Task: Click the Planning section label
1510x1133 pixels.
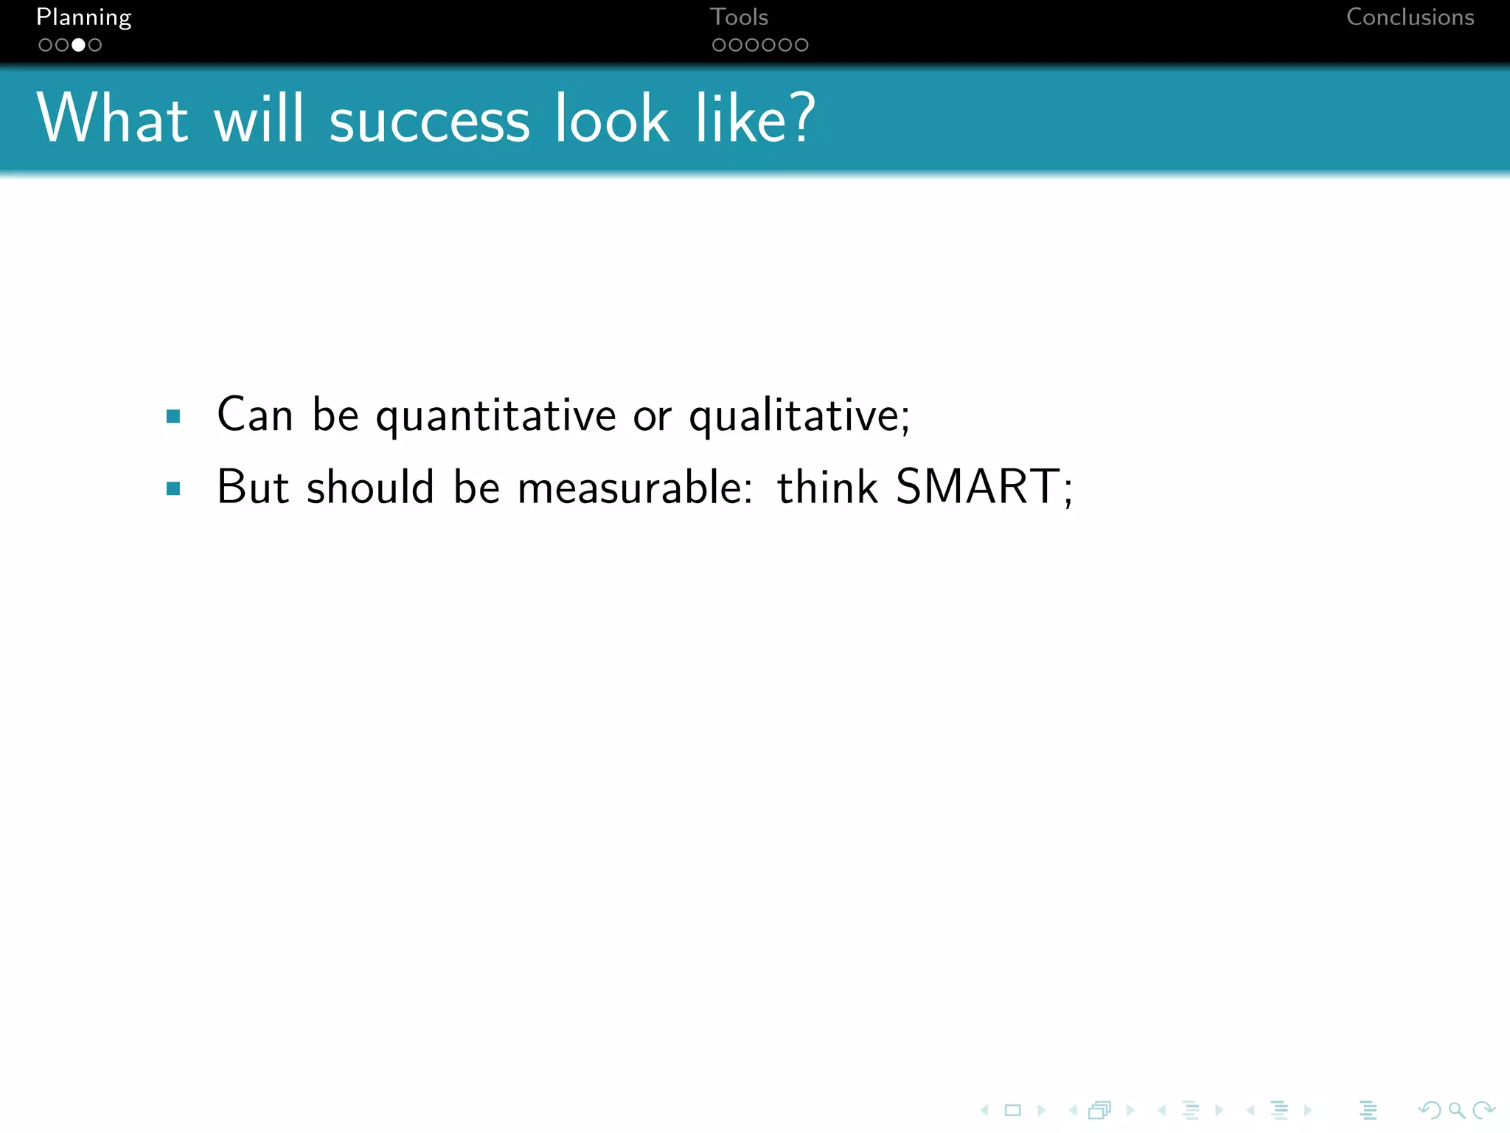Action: pyautogui.click(x=83, y=18)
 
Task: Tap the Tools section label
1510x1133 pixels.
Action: pyautogui.click(x=739, y=18)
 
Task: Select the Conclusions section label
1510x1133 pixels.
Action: pyautogui.click(x=1410, y=18)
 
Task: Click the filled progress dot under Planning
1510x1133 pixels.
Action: pyautogui.click(x=78, y=45)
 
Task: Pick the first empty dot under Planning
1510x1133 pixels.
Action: pyautogui.click(x=45, y=45)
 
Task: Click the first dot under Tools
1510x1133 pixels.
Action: pyautogui.click(x=718, y=45)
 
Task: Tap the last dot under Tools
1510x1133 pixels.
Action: pyautogui.click(x=801, y=45)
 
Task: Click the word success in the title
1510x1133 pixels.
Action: pyautogui.click(x=429, y=120)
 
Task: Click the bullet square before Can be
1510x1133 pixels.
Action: pyautogui.click(x=173, y=417)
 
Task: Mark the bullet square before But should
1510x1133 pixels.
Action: pyautogui.click(x=173, y=488)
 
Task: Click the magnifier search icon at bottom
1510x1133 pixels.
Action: pyautogui.click(x=1456, y=1110)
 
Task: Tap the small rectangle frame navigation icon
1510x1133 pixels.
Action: pyautogui.click(x=1013, y=1110)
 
